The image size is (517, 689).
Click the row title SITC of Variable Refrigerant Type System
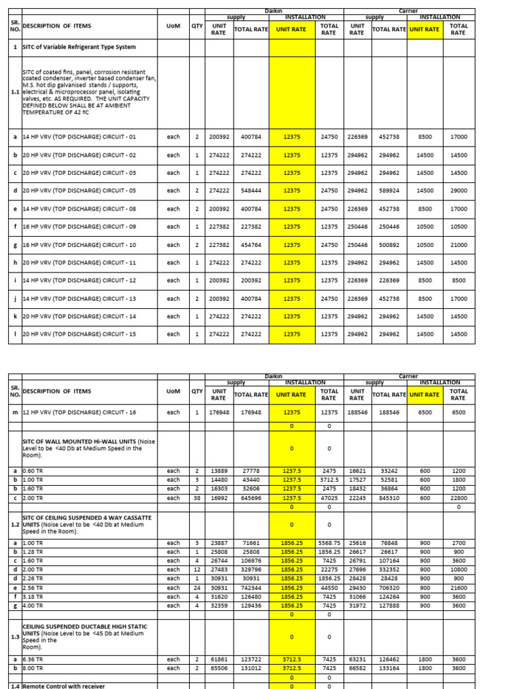coord(79,47)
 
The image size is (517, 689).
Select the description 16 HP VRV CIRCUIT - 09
coord(79,227)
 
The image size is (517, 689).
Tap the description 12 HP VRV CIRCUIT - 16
coord(79,412)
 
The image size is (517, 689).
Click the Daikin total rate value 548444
coord(250,190)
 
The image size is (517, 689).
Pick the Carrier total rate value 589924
coord(389,190)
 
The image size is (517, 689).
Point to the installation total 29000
coord(458,190)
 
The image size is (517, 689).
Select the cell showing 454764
coord(250,245)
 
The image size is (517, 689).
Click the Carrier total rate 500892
coord(389,245)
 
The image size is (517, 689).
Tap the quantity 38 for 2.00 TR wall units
coord(197,498)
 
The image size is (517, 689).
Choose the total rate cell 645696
coord(250,498)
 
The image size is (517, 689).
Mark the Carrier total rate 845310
coord(389,498)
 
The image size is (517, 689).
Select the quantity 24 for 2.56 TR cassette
coord(197,587)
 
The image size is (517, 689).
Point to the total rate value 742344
coord(250,587)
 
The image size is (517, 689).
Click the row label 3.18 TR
coord(33,597)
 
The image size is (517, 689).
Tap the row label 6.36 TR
coord(33,659)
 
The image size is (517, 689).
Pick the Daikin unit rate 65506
coord(219,668)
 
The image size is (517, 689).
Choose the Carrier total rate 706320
coord(389,587)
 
